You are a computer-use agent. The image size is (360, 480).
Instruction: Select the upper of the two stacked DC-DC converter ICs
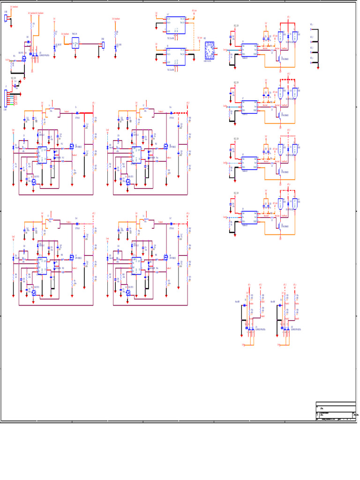[176, 25]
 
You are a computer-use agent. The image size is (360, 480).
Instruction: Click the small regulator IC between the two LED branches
[75, 43]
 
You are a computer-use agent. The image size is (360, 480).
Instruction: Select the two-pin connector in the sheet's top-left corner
[6, 18]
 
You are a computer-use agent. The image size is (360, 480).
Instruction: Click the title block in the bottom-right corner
[336, 411]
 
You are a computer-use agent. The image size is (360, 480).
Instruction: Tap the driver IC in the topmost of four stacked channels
[249, 50]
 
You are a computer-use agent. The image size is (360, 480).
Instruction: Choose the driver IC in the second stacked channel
[249, 106]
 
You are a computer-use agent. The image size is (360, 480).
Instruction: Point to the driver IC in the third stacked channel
[249, 162]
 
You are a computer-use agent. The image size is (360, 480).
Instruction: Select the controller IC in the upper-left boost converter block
[42, 154]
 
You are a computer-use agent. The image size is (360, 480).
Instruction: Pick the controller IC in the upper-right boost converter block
[136, 154]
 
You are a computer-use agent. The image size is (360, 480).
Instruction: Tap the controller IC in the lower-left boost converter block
[42, 265]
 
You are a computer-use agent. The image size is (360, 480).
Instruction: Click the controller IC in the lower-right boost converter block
[136, 265]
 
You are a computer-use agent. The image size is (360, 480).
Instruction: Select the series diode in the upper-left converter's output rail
[76, 113]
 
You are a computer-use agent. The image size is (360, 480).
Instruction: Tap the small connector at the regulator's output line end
[103, 45]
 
